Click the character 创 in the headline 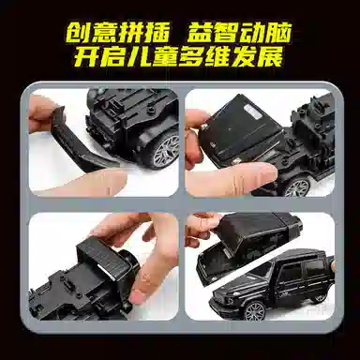tap(78, 32)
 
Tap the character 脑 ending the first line tap(278, 32)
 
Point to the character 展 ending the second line tap(270, 57)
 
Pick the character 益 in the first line tap(201, 32)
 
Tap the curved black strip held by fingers tap(82, 140)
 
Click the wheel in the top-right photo tap(297, 187)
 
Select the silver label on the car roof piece tap(253, 112)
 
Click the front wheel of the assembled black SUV tap(254, 310)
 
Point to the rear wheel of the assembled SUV tap(320, 296)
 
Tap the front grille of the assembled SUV tap(223, 298)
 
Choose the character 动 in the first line tap(252, 32)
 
